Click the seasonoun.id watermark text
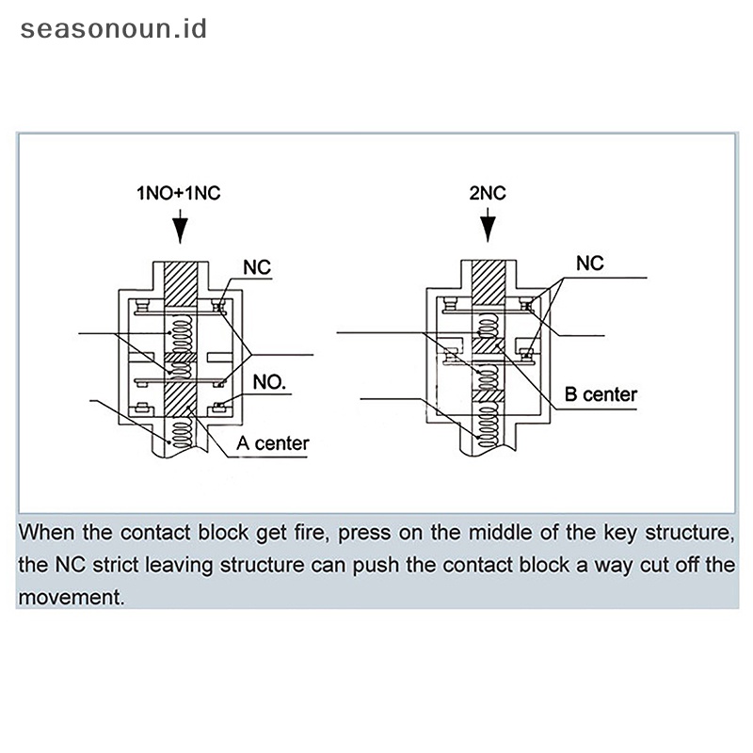113,27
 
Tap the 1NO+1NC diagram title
179,194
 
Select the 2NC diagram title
488,194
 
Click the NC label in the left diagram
257,268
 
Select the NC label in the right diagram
590,263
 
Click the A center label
274,442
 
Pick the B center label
601,394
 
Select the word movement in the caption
72,596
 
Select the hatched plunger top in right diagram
488,278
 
